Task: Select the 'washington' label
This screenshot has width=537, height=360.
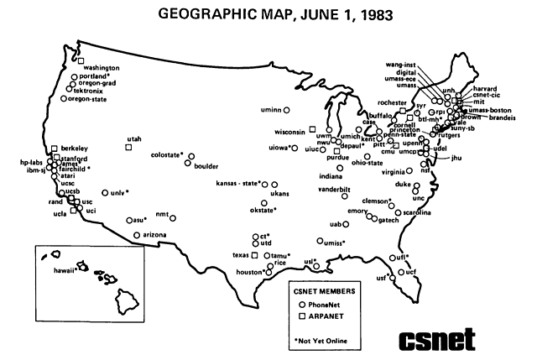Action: coord(102,67)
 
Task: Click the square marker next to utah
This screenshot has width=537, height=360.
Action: coord(128,147)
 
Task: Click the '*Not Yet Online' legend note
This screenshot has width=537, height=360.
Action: coord(321,340)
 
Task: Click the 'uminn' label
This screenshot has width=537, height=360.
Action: coord(270,110)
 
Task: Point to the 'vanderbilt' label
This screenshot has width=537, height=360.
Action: coord(334,190)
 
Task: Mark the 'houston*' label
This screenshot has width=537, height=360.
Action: coord(249,273)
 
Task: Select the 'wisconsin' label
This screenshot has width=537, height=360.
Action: coord(289,132)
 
